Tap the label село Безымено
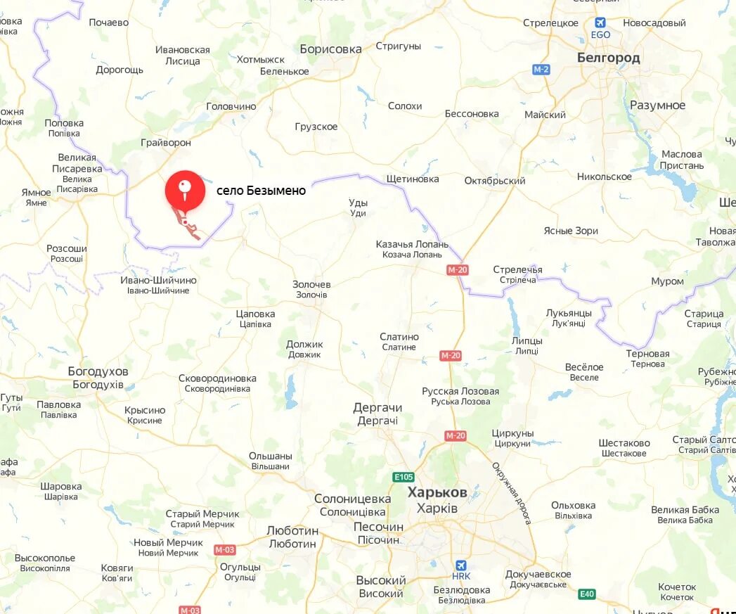point(261,190)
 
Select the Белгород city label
point(608,58)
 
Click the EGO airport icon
point(600,23)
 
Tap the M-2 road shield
point(541,69)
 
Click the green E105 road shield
point(403,478)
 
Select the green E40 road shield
point(587,594)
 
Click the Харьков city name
point(437,492)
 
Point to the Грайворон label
point(166,143)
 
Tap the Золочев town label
point(311,284)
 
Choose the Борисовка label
point(330,49)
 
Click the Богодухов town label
point(98,371)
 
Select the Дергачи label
point(377,408)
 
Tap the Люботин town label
point(292,530)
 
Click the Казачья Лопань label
point(412,244)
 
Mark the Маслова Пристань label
point(681,160)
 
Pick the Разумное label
point(657,105)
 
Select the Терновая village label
point(647,354)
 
